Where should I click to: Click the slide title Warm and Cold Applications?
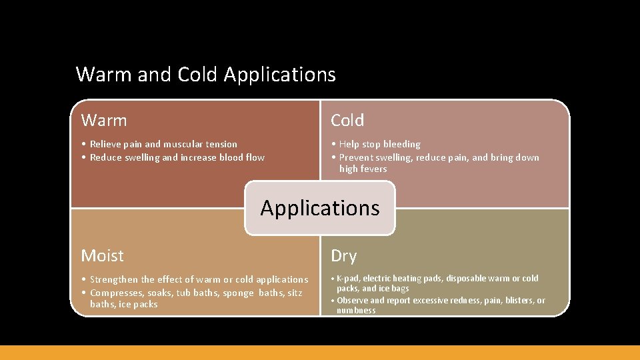[205, 74]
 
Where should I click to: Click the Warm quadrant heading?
[104, 121]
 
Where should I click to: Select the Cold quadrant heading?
[347, 121]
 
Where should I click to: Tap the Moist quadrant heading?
[102, 256]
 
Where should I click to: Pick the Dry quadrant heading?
[344, 256]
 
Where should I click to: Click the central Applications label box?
[320, 208]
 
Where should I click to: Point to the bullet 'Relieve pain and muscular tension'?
[163, 144]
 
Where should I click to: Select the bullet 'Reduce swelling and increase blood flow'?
[177, 157]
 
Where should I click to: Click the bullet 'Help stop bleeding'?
[379, 144]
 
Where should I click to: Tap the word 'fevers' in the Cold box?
[373, 169]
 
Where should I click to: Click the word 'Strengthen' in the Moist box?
[114, 280]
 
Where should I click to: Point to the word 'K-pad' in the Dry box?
[348, 279]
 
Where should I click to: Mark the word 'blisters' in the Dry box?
[510, 301]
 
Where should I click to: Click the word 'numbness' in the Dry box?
[356, 311]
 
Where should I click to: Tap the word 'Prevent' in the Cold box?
[357, 157]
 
